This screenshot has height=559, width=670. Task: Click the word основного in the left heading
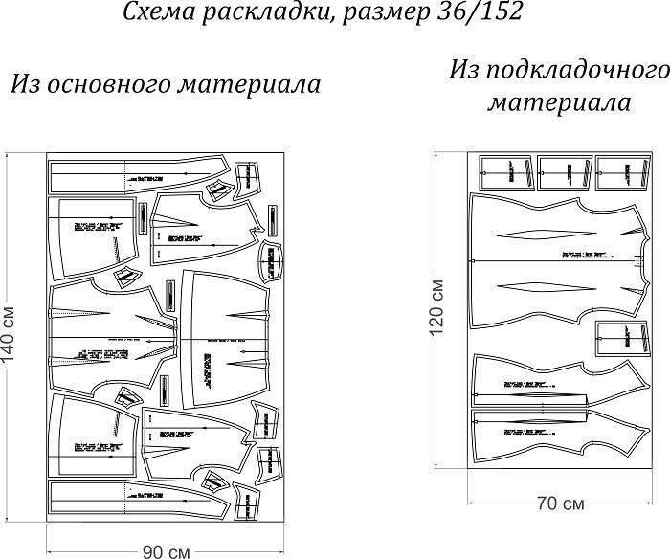point(114,84)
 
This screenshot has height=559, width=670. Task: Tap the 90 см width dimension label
point(166,552)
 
